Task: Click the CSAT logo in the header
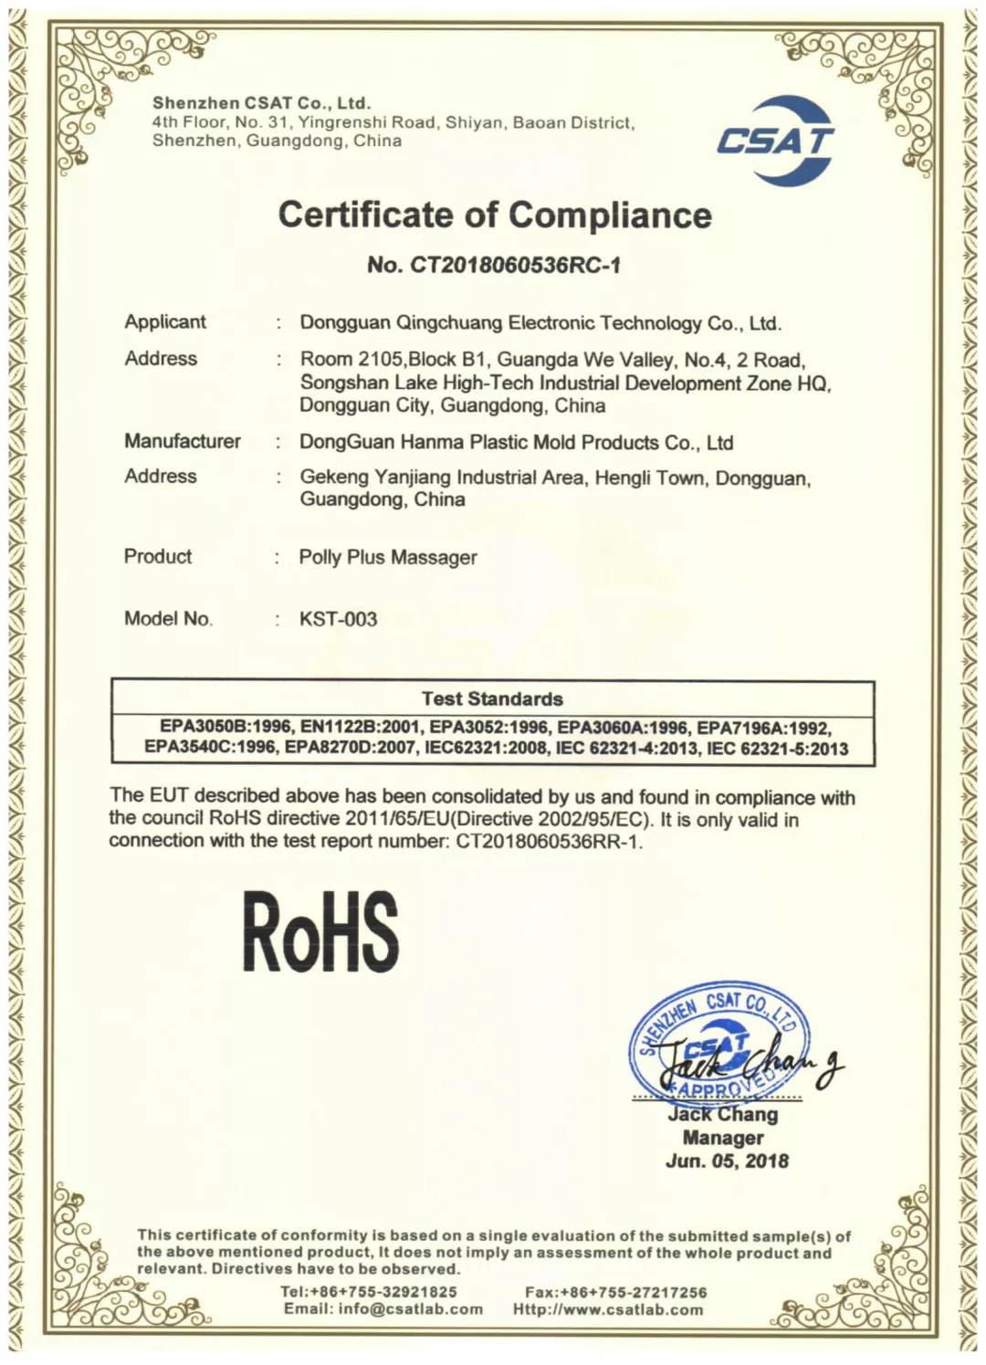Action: click(x=775, y=142)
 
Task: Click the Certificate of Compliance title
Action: click(x=494, y=215)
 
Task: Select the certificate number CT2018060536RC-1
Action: click(x=516, y=266)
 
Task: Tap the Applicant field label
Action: click(x=165, y=321)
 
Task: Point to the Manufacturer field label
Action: click(x=183, y=441)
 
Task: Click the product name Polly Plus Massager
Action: click(x=388, y=557)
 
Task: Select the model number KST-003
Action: click(x=338, y=619)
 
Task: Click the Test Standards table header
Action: click(x=492, y=699)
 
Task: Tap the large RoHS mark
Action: click(x=320, y=931)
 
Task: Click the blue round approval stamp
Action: click(x=717, y=1041)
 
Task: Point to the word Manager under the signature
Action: click(x=723, y=1138)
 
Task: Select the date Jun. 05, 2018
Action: click(x=727, y=1161)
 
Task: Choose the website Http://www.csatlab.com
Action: click(x=608, y=1309)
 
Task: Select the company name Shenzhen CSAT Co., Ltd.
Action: click(x=262, y=103)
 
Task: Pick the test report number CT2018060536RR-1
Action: click(x=548, y=841)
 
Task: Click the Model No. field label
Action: click(x=168, y=618)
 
